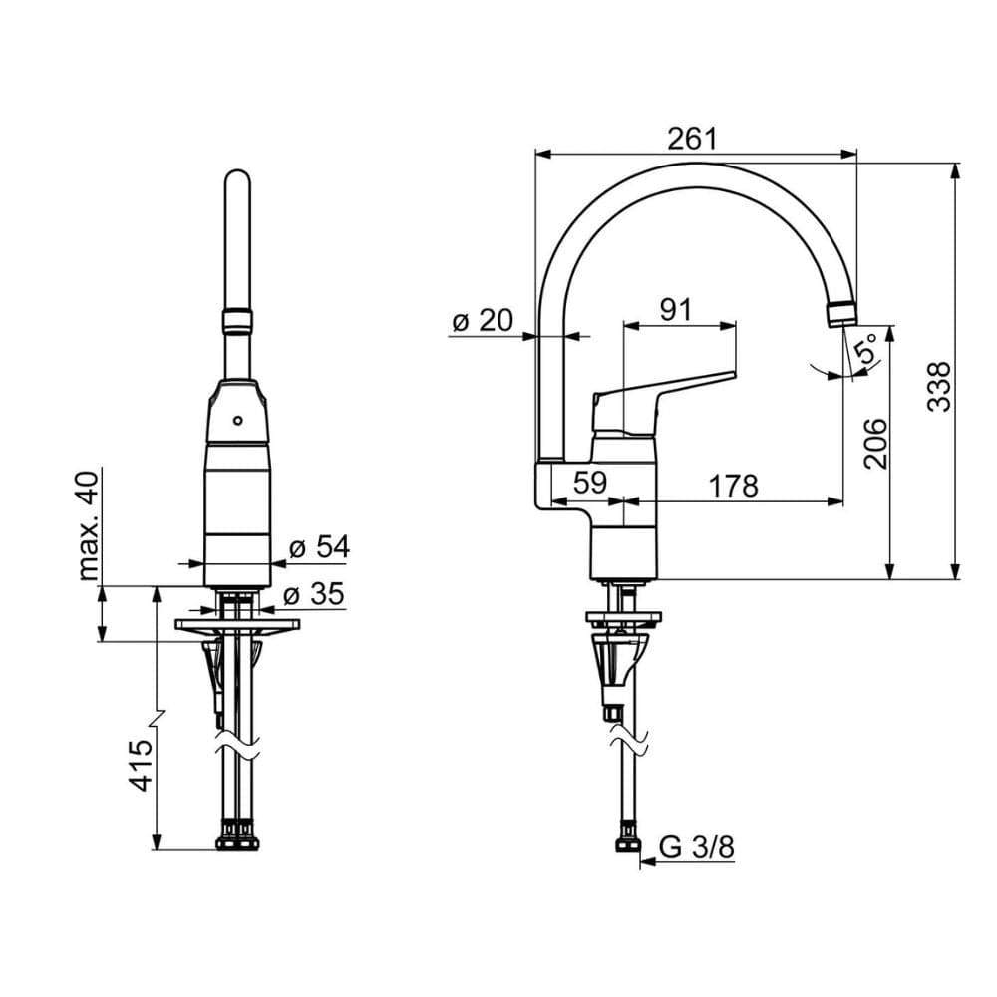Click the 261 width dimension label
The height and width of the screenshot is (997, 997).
pos(692,139)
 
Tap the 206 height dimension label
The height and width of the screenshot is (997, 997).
pos(875,444)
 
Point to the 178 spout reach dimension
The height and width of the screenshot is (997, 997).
pos(733,486)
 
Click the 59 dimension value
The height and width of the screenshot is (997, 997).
pos(590,483)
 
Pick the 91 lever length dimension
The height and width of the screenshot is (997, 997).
pos(675,310)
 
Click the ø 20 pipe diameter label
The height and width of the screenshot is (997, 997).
pos(482,320)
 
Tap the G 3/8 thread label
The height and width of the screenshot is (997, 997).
pos(697,846)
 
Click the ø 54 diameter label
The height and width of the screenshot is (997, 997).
pos(319,546)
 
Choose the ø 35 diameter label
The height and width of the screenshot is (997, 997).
pos(313,594)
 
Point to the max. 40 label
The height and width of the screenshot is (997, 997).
pos(89,525)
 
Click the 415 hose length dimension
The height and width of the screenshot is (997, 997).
pos(142,765)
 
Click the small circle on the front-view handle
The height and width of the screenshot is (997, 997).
pos(238,420)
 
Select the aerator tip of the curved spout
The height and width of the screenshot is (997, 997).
pos(842,314)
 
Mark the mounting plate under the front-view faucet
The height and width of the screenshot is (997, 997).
pos(237,624)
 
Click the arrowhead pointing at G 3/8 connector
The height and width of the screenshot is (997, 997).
pos(647,862)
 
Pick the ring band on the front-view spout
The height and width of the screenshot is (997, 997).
pos(237,321)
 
